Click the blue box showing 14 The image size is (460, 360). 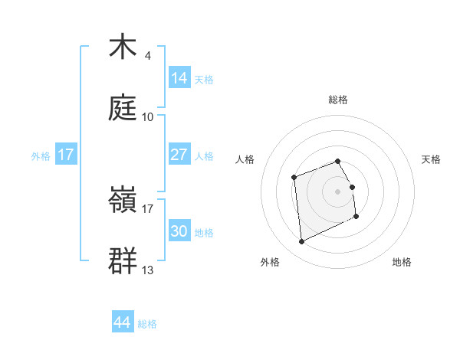(179, 78)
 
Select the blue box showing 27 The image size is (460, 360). (179, 155)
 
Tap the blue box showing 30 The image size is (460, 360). (179, 231)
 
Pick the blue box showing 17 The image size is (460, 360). (66, 155)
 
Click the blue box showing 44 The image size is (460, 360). (123, 323)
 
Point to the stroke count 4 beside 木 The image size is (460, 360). (148, 55)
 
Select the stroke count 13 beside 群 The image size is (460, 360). (148, 270)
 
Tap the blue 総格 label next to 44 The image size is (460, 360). (147, 324)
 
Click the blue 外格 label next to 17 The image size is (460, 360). (41, 155)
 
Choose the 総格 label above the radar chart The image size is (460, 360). (338, 100)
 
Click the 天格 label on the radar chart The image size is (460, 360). (431, 159)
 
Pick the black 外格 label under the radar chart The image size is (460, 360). (270, 262)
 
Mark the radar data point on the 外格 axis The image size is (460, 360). (302, 241)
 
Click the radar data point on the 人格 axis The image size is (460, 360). (294, 178)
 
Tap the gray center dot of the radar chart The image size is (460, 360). (338, 191)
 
